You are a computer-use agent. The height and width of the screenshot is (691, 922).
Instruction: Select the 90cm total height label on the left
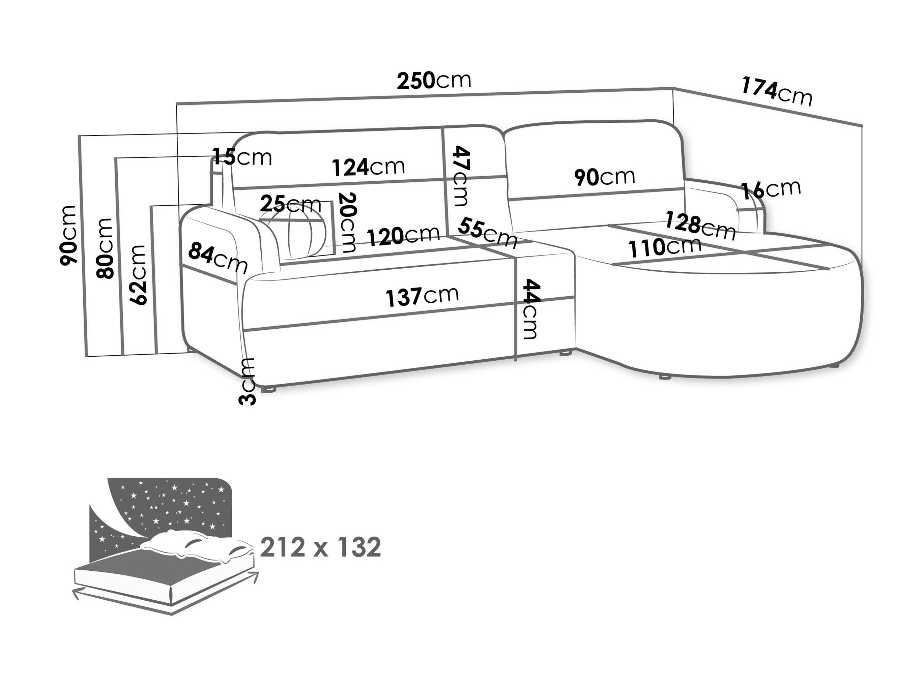coord(68,235)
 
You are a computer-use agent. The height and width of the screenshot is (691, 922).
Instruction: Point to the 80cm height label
coord(104,248)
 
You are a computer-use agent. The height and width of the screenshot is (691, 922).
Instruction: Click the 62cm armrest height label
coord(138,275)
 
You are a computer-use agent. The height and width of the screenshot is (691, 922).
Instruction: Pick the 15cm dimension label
coord(242,157)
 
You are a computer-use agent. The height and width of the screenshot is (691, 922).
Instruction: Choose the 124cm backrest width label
coord(369,167)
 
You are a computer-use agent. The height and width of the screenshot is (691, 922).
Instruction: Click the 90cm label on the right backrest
coord(604,177)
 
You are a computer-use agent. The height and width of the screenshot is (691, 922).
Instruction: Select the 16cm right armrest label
coord(771,189)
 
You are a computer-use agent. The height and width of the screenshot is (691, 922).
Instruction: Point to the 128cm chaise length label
coord(700,226)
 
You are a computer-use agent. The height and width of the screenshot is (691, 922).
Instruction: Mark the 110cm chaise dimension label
coord(665,247)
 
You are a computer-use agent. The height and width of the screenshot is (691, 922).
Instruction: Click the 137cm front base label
coord(422,296)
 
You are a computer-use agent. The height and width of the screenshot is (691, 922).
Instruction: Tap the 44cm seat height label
coord(531,309)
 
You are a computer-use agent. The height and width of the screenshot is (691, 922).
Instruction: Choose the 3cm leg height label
coord(247,381)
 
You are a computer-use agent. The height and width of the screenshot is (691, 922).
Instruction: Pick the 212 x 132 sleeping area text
coord(320,547)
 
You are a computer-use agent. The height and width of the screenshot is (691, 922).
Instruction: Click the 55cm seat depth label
coord(488,233)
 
